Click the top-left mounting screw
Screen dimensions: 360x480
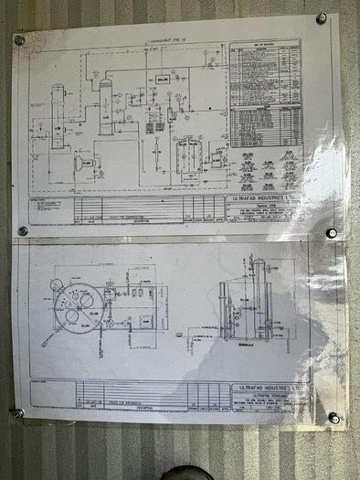pos(19,39)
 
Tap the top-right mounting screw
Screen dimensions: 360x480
pos(322,19)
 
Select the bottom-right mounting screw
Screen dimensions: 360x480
pos(334,417)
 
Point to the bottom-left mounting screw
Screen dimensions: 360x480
pos(18,413)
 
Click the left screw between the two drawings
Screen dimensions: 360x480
pos(23,231)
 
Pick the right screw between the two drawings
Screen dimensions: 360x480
pos(331,232)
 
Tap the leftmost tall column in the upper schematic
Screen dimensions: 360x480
pos(58,116)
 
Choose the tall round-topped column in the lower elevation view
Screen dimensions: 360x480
pos(259,302)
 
